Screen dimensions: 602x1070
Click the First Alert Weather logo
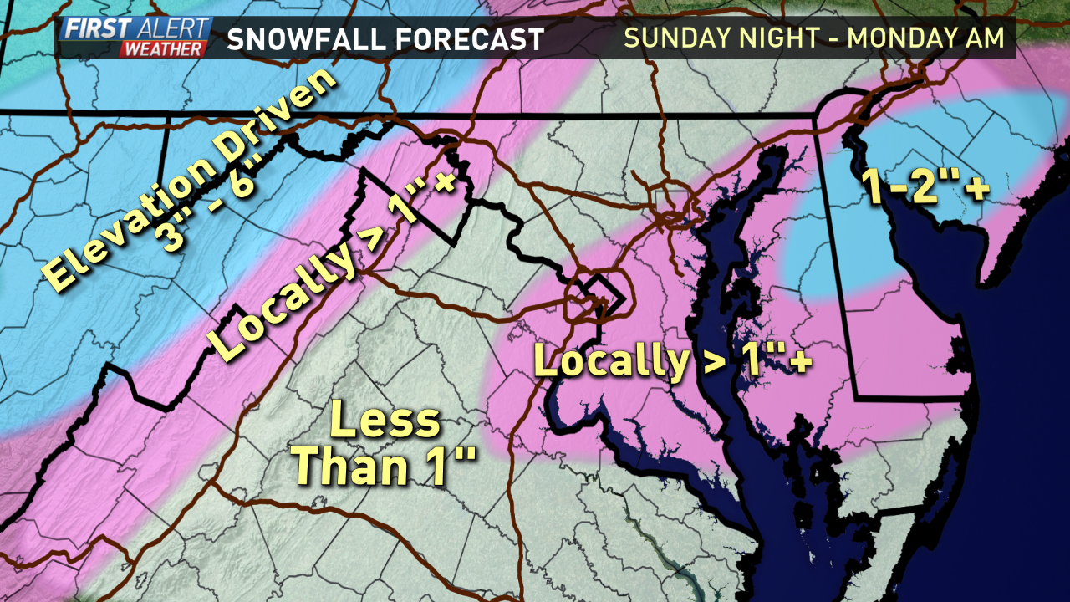[x=134, y=38]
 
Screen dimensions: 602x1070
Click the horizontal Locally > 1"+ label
[x=673, y=361]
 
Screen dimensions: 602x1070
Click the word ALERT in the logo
[x=171, y=29]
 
